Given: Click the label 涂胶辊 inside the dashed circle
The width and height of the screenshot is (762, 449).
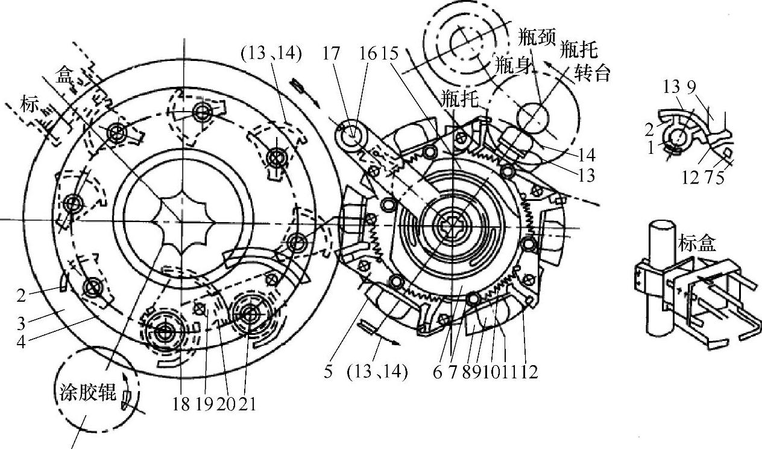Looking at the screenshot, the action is coord(88,392).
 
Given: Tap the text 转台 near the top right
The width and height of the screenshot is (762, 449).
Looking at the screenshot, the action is coord(592,73).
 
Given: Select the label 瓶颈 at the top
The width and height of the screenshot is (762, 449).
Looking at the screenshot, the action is coord(537,37).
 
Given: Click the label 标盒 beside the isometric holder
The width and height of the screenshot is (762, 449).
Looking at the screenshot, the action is coord(697,243).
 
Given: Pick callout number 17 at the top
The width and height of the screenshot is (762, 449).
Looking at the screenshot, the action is coord(331,53).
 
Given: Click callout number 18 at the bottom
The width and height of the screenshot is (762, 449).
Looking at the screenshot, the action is coord(181,404).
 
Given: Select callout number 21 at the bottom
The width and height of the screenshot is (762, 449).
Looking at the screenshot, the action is coord(247,404).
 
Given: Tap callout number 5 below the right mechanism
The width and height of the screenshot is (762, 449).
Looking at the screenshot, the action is coord(328,371).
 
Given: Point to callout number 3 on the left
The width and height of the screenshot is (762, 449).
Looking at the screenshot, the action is coord(22,323).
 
